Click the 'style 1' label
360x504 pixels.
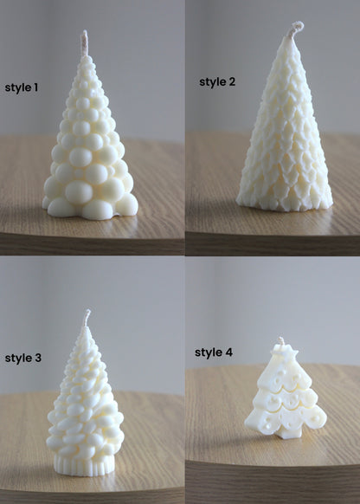pyautogui.click(x=22, y=87)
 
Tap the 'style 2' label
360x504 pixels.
pyautogui.click(x=217, y=82)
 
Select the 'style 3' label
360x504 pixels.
pyautogui.click(x=22, y=358)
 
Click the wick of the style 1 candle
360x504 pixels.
pyautogui.click(x=85, y=42)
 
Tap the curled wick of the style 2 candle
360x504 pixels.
pyautogui.click(x=295, y=29)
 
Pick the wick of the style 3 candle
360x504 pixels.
pyautogui.click(x=86, y=318)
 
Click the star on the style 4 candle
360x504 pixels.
pyautogui.click(x=281, y=353)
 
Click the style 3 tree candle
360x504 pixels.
pyautogui.click(x=85, y=407)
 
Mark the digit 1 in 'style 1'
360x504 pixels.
pyautogui.click(x=36, y=87)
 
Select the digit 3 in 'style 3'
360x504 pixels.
pyautogui.click(x=37, y=358)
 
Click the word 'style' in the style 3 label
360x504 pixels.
pyautogui.click(x=17, y=358)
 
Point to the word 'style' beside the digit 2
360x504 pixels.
pyautogui.click(x=212, y=82)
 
